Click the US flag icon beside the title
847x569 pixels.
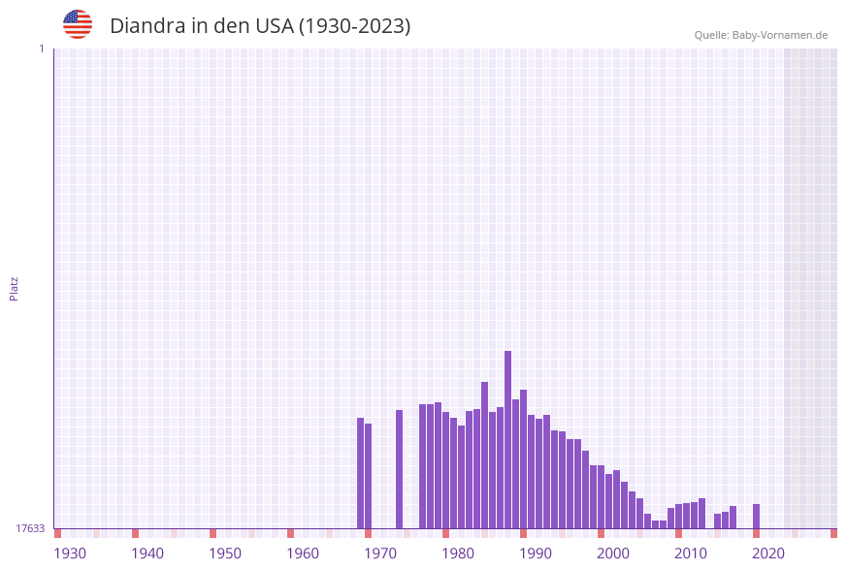(x=78, y=24)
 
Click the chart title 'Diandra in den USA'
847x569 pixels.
(x=260, y=26)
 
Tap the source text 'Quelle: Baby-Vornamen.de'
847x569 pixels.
(x=761, y=35)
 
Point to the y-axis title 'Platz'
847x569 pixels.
(x=15, y=288)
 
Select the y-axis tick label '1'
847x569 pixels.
(x=41, y=48)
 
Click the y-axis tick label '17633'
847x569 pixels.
(x=30, y=528)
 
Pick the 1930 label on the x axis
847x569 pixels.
(x=70, y=553)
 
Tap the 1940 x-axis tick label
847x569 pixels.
(x=147, y=553)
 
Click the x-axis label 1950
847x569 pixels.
(x=225, y=553)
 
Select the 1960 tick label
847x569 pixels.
(x=303, y=553)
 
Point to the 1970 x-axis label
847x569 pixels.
(x=380, y=553)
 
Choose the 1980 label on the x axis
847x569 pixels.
(x=458, y=553)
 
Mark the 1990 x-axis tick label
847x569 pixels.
(x=536, y=553)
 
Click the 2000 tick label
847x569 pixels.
(x=613, y=553)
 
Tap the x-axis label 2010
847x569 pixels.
(x=691, y=553)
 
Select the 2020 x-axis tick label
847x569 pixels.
(x=768, y=553)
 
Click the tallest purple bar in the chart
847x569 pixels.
(x=507, y=439)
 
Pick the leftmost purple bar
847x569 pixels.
(x=360, y=473)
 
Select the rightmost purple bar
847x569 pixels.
(x=756, y=516)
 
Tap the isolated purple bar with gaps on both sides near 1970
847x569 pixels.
(x=399, y=469)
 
